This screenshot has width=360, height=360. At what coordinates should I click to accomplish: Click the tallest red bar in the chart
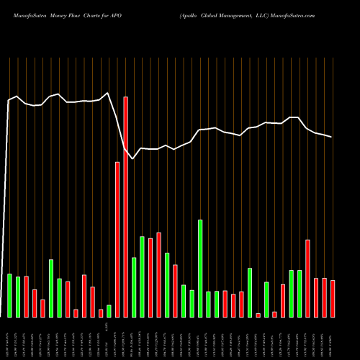click(125, 207)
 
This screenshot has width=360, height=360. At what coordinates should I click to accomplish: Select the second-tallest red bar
click(117, 239)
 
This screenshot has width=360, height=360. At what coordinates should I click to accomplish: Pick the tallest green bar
click(200, 268)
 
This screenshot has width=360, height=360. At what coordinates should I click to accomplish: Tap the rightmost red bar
click(333, 298)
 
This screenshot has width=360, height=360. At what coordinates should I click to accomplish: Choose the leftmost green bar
click(9, 295)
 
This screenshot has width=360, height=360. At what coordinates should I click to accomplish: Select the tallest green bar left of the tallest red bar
click(51, 288)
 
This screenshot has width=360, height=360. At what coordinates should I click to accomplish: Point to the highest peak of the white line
click(108, 93)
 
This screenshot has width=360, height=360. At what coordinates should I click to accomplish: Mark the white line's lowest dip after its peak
click(134, 158)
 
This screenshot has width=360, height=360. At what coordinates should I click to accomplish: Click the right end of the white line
click(332, 137)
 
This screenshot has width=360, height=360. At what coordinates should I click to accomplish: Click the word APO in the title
click(120, 14)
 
